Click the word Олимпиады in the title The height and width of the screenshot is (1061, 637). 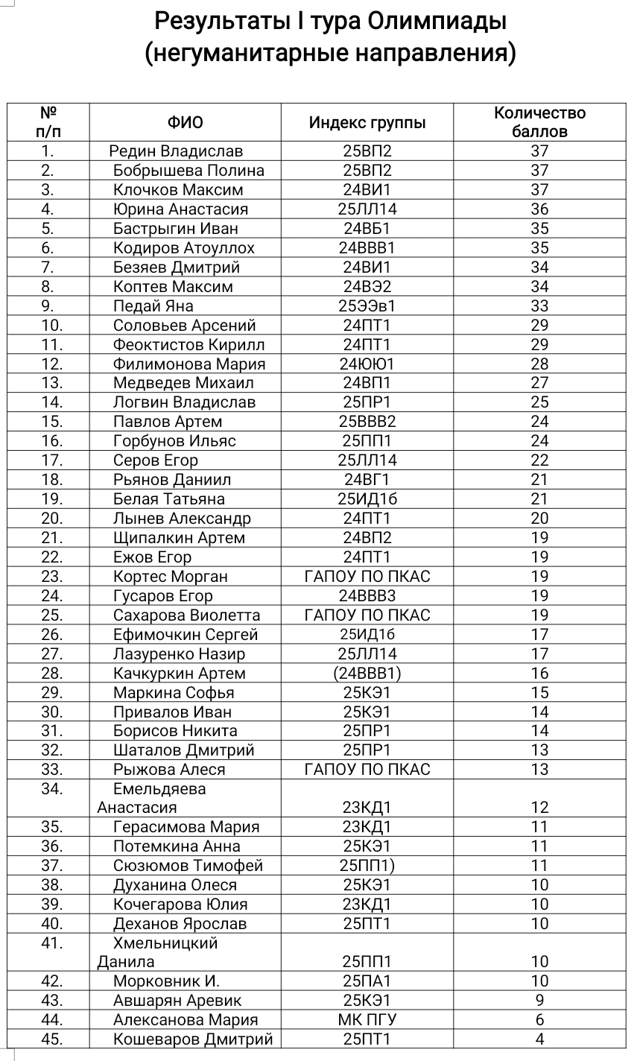(x=437, y=21)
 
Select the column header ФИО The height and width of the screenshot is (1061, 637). (x=185, y=123)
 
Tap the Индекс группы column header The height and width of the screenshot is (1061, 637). (x=367, y=123)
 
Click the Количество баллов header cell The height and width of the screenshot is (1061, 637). (x=539, y=122)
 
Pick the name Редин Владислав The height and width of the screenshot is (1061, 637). (x=176, y=151)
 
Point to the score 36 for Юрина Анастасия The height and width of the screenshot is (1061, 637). (x=539, y=209)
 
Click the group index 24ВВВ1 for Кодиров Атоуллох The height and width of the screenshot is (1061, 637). (x=367, y=248)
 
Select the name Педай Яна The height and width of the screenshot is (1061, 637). (x=153, y=306)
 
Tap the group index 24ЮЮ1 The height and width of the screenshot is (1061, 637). (x=367, y=364)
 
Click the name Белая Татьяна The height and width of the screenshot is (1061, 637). (x=169, y=499)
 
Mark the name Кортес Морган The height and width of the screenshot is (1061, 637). (x=171, y=577)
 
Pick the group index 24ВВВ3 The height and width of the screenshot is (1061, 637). (x=367, y=596)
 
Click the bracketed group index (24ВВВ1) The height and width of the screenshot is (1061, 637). (x=367, y=674)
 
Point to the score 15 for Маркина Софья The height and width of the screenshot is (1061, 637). (x=539, y=693)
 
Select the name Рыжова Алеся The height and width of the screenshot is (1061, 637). (x=169, y=770)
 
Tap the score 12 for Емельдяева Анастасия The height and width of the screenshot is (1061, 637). (x=539, y=808)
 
